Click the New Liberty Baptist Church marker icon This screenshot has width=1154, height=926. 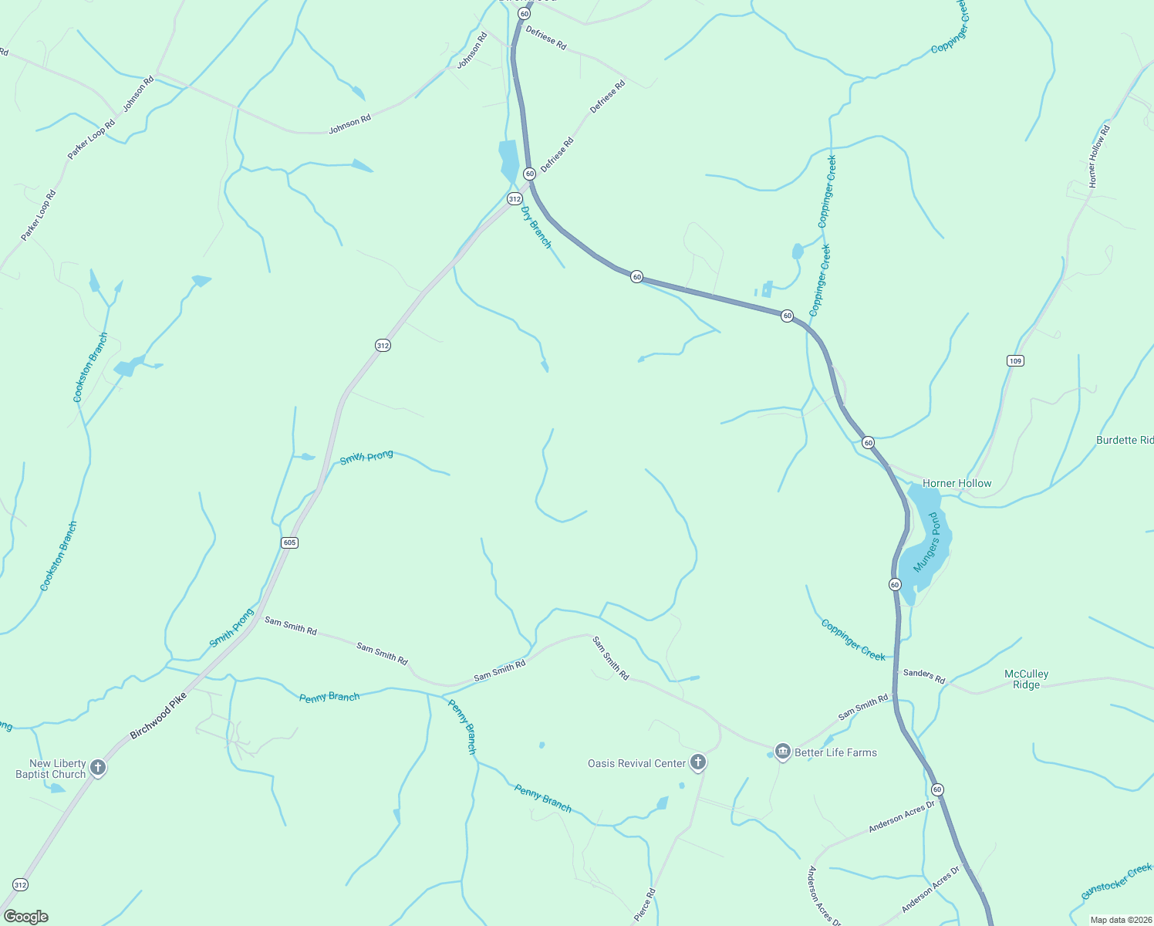click(98, 767)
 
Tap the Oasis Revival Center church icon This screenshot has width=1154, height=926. click(697, 762)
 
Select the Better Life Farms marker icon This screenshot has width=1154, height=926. click(783, 752)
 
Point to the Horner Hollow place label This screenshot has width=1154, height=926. click(957, 483)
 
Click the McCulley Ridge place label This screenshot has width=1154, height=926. click(1026, 679)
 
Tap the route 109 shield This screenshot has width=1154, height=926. click(1015, 360)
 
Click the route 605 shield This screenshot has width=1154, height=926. click(289, 542)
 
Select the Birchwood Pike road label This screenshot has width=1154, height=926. click(158, 715)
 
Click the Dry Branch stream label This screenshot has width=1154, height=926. click(536, 227)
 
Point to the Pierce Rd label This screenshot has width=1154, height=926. click(644, 904)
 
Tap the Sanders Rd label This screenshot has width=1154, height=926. click(924, 676)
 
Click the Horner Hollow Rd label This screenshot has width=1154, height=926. click(1098, 156)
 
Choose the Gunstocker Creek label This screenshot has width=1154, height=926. click(1115, 882)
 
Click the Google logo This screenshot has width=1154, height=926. click(26, 917)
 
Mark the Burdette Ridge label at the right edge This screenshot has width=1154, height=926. click(1125, 440)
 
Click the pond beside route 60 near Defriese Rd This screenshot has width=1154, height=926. click(508, 161)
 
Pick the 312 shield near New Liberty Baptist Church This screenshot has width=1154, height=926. click(20, 884)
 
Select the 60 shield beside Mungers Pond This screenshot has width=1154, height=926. click(895, 584)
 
